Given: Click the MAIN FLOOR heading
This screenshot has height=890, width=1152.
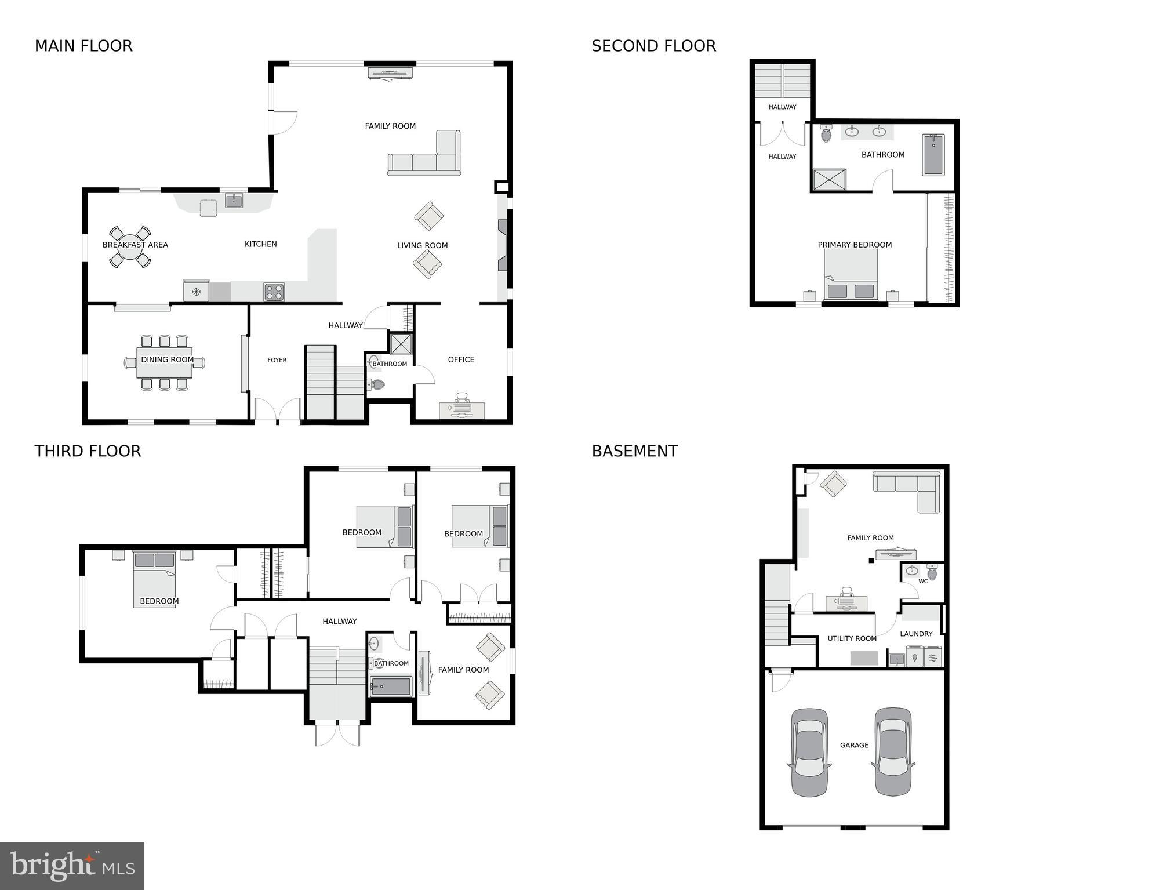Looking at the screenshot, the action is coord(83,46).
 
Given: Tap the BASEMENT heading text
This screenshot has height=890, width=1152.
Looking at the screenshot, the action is coord(634,451).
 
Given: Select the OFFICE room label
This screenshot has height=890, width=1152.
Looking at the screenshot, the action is coord(461,359).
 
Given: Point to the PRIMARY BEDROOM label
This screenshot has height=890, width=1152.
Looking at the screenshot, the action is coord(855,245).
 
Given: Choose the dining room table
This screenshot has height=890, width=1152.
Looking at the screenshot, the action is coord(165,362).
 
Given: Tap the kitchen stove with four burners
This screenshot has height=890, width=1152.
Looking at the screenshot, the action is coord(274,292).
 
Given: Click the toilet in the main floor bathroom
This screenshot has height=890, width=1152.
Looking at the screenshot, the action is coord(376,384).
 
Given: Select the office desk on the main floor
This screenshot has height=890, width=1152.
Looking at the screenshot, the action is coord(461,410).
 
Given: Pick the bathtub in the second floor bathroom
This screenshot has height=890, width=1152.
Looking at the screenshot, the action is coord(933,155).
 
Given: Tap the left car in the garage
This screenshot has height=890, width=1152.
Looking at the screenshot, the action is coord(810,752).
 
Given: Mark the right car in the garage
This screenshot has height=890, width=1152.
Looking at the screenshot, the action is coord(893,751).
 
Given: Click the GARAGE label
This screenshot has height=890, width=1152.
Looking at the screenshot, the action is coord(854,745).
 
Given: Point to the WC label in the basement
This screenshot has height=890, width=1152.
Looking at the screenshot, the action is coord(923,581).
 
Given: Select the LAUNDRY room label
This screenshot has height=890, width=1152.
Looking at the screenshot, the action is coord(916,634).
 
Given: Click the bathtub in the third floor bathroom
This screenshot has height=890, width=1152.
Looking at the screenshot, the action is coord(391,686).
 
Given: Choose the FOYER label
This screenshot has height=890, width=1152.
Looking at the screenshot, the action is coord(277,360).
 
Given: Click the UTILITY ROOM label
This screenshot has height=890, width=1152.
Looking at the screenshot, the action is coord(852,638).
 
